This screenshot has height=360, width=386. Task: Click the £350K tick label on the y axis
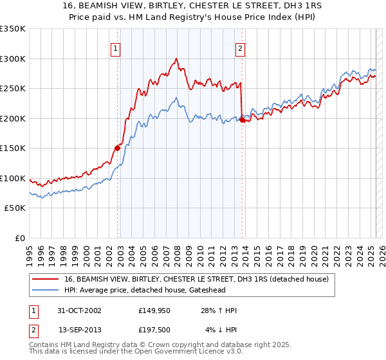(x=12, y=29)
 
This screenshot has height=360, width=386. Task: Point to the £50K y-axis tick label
(x=14, y=208)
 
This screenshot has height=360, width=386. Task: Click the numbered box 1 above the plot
(x=115, y=47)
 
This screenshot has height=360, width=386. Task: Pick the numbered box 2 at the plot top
(x=240, y=47)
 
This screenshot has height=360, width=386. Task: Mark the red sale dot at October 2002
(x=118, y=148)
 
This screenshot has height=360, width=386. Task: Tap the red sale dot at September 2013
(x=241, y=119)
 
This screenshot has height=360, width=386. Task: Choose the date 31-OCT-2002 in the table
(x=79, y=310)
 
